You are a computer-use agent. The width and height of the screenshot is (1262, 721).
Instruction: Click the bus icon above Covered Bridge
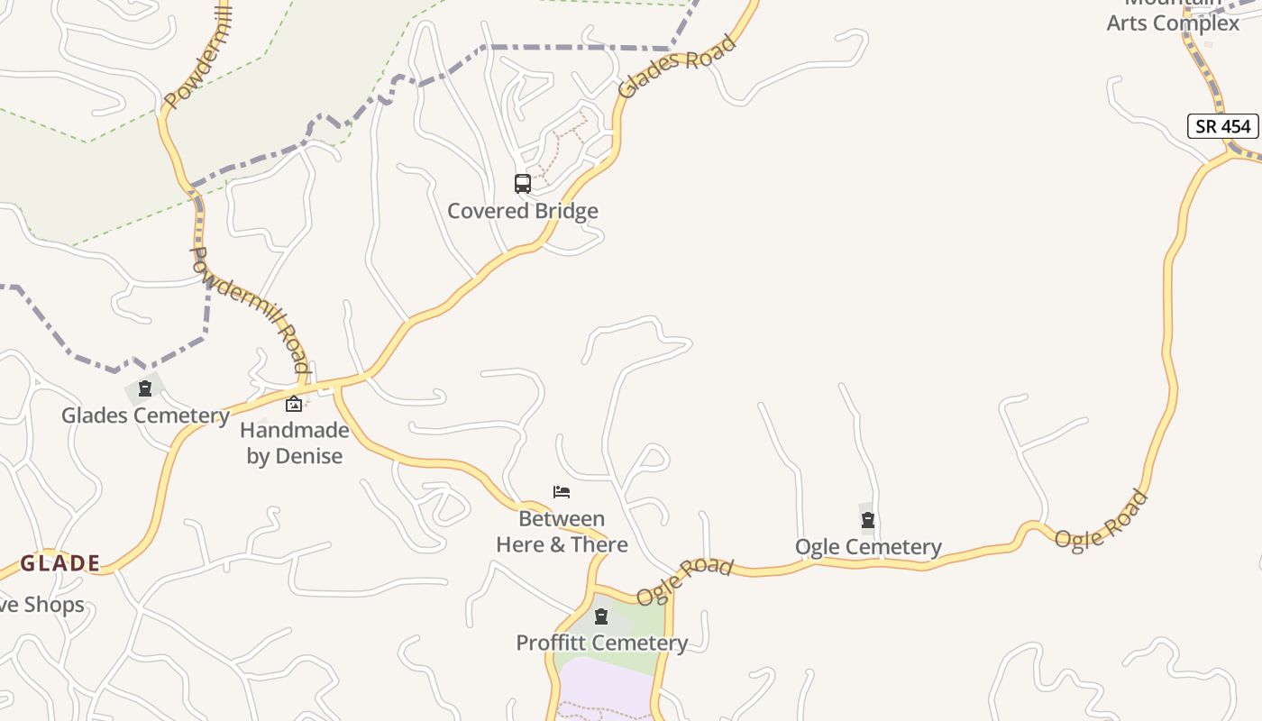click(523, 184)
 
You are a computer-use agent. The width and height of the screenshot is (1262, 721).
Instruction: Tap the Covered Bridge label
click(523, 211)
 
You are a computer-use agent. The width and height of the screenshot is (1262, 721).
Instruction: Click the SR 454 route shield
click(1222, 126)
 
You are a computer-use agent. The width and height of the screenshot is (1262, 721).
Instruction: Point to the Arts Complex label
click(1173, 23)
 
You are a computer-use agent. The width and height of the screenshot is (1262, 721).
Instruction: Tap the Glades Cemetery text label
click(145, 415)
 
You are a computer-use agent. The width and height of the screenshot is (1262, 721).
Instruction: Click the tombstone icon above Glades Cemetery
click(145, 389)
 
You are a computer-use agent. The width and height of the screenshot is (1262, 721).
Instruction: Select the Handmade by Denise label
click(295, 443)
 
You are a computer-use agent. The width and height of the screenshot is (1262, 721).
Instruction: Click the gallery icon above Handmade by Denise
click(293, 404)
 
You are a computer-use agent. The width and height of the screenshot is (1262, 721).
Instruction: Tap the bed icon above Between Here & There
click(562, 492)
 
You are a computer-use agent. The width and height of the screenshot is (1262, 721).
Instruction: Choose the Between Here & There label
click(562, 532)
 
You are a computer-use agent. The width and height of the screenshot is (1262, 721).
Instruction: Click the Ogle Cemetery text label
click(868, 547)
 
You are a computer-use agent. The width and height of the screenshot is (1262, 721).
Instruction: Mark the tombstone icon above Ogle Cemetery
click(868, 520)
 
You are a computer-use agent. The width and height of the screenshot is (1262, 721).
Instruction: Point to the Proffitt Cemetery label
click(601, 643)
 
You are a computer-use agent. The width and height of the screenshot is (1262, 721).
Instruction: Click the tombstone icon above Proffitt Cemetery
click(601, 617)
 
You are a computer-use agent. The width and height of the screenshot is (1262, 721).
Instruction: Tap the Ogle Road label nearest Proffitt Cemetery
click(684, 580)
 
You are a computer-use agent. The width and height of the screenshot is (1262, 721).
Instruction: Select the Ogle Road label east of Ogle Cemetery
click(1101, 520)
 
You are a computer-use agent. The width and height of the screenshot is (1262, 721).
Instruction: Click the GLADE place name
click(60, 564)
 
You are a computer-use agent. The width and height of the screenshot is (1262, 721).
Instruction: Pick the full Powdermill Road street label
click(250, 309)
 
